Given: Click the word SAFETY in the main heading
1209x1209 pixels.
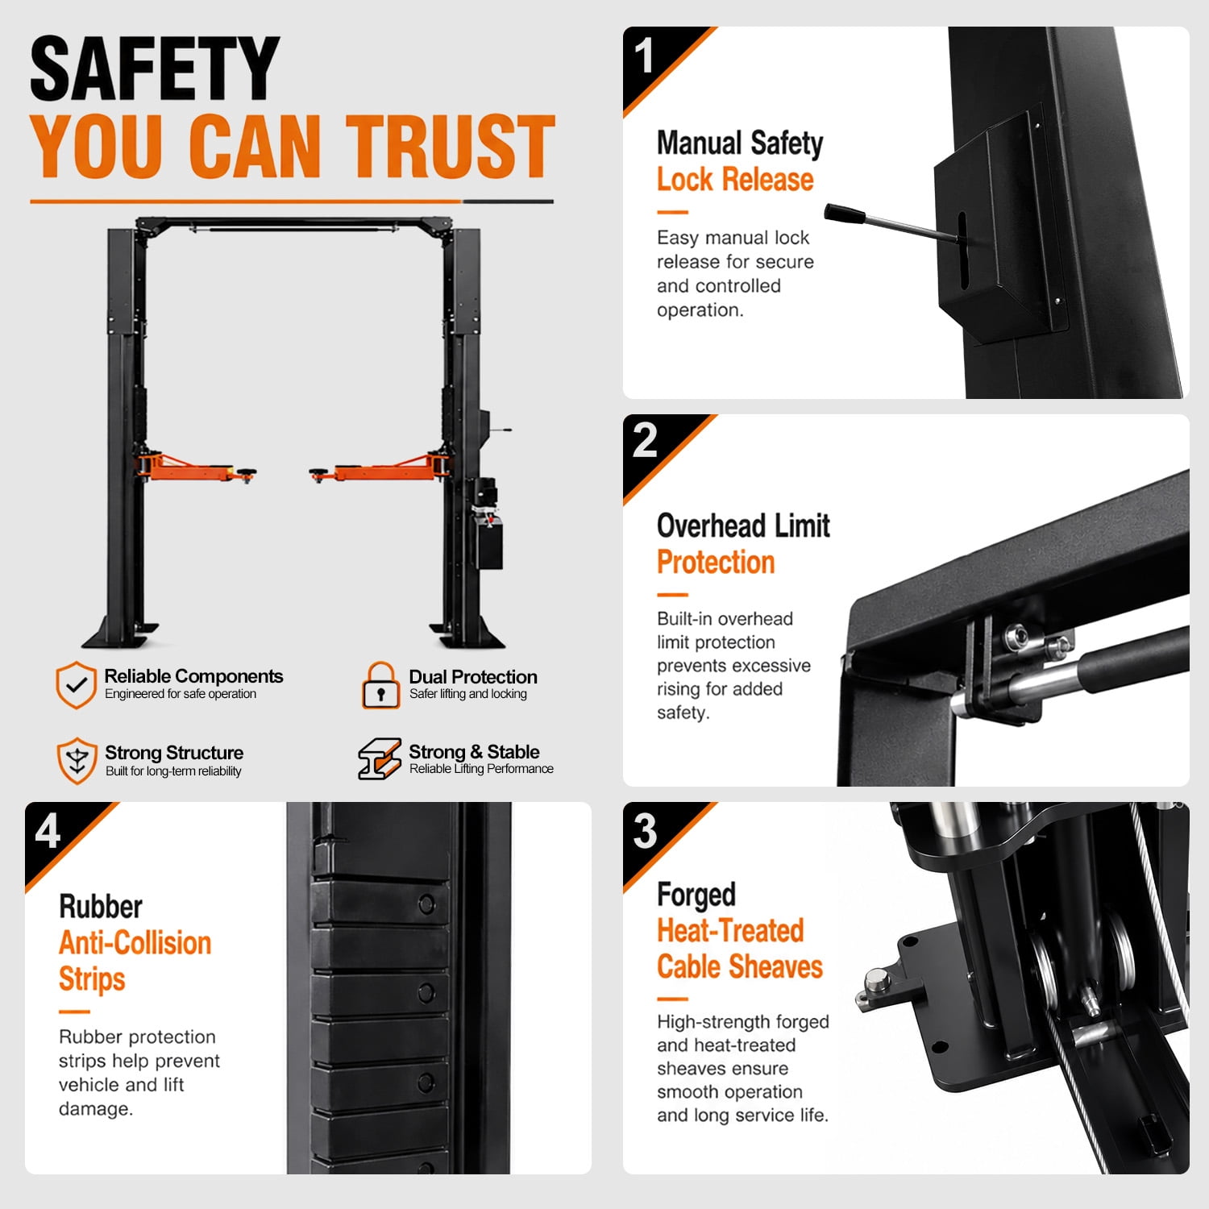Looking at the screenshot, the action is coord(154,69).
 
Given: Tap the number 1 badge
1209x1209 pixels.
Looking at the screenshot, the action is coord(643,56).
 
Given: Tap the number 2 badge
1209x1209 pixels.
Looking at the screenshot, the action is coord(644,440).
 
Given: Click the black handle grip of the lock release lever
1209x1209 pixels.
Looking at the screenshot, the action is coord(844,214).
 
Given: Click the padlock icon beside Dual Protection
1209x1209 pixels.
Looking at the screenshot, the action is coord(381,686).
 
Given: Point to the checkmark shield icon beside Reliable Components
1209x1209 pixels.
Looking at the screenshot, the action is coord(76,685).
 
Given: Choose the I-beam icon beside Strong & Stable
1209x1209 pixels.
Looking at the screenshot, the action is coord(380,758).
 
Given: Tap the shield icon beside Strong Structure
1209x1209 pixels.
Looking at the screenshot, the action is coord(77,760).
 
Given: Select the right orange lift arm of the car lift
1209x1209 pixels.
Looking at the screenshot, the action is coord(379,469).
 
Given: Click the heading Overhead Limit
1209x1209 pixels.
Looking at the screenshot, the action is coord(743,526).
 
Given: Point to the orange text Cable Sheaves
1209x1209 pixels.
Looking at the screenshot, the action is coord(740,966).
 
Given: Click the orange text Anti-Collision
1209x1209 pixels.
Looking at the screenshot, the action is coord(135,942).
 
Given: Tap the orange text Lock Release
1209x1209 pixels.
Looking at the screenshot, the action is coord(735,180).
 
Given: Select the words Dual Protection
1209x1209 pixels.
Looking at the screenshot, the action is coord(473,676).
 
